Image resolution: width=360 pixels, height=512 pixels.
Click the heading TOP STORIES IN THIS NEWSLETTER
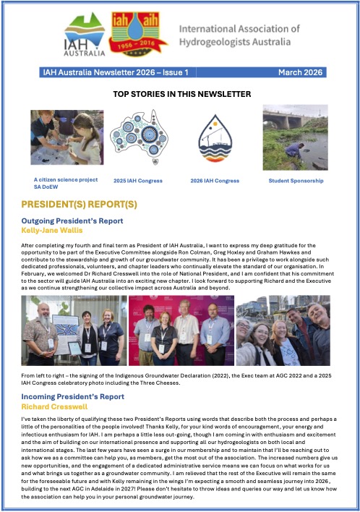coord(181,94)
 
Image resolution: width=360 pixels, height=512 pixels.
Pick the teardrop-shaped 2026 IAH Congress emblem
coord(215,137)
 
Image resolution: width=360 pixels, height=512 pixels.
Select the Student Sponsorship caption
coord(296,180)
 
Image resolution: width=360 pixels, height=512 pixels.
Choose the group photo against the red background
coord(181,330)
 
